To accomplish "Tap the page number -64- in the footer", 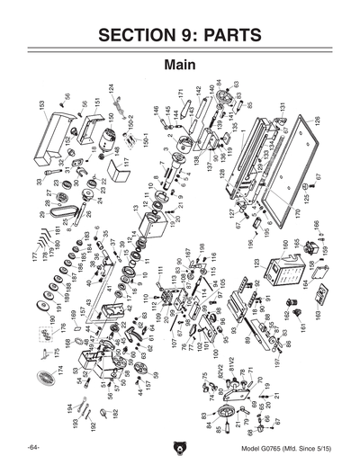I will tap(33, 447).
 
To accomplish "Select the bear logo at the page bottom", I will tap(179, 447).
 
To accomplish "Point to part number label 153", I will tap(41, 105).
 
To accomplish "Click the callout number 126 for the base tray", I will tap(317, 120).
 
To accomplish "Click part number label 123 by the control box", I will tap(256, 263).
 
